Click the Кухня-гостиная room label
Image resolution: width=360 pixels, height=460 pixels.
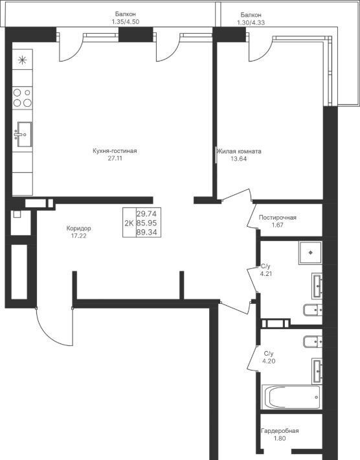coord(115,151)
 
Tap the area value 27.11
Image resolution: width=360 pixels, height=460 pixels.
coord(115,159)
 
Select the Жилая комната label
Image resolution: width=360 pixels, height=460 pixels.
coord(239,152)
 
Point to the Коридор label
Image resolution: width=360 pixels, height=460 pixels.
coord(78,228)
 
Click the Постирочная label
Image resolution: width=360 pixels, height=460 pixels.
coord(277,218)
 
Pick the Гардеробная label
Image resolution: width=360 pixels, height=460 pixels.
coord(280,431)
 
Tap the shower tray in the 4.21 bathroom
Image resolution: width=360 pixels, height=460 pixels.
coord(310,253)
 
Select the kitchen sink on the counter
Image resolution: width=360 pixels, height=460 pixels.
coord(23,134)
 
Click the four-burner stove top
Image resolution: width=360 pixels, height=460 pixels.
coord(22,98)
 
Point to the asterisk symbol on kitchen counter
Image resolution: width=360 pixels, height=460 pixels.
coord(22,60)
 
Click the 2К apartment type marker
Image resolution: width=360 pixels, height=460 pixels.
coord(129,224)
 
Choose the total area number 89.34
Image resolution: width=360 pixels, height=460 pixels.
coord(146,233)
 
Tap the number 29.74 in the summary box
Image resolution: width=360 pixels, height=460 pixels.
coord(146,214)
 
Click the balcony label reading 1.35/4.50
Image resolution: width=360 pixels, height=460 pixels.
coord(125,22)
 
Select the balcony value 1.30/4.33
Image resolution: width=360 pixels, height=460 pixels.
coord(251,22)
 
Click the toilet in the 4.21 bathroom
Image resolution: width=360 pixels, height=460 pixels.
coord(313,310)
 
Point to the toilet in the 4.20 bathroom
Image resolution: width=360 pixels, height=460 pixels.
coord(313,341)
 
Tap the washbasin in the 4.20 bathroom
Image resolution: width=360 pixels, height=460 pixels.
coord(317,371)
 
